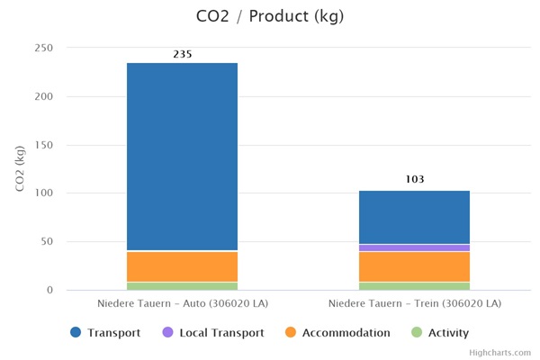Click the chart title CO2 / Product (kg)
269,16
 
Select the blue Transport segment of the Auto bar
182,157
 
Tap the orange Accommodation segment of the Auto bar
182,266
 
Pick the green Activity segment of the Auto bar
182,286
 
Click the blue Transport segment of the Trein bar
414,217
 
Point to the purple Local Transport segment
414,247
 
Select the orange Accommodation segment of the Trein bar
414,266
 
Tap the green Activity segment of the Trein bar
414,286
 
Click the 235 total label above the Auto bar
182,55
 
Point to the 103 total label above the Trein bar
414,179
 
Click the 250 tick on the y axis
43,48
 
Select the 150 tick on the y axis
43,145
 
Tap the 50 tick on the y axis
47,241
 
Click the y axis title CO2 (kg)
20,168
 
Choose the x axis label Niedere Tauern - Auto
182,304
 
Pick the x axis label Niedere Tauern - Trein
414,304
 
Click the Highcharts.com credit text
505,353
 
